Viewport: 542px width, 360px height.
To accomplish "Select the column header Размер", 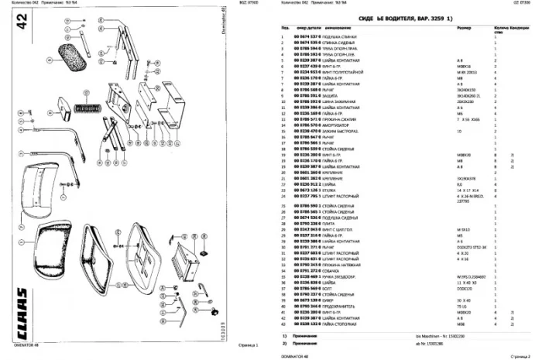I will click(464, 28).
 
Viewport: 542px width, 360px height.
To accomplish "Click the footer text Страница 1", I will click(247, 345).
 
